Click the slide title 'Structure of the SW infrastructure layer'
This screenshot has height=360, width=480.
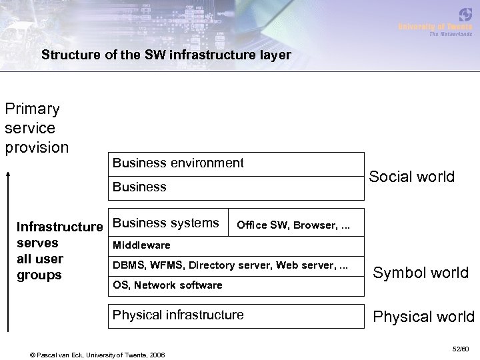[x=166, y=55]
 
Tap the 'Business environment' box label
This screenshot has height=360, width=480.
[x=178, y=163]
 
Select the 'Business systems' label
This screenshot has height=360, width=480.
[x=166, y=223]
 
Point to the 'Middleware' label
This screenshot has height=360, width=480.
[x=141, y=245]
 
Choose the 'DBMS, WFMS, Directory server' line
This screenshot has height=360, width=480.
[x=230, y=265]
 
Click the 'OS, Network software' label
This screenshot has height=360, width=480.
[x=167, y=285]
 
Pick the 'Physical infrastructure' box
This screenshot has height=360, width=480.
[x=178, y=315]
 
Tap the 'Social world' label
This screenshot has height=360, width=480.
[x=412, y=177]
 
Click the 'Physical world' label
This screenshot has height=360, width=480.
[x=423, y=316]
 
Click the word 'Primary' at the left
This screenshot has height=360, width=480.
[x=32, y=109]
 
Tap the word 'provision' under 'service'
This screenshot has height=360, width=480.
[x=37, y=146]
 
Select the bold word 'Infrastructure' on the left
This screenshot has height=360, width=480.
[x=60, y=228]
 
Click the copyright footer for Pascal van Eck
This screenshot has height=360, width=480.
[x=89, y=353]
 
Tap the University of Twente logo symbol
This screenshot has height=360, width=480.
[x=464, y=15]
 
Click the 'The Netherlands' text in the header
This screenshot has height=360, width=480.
[x=451, y=34]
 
